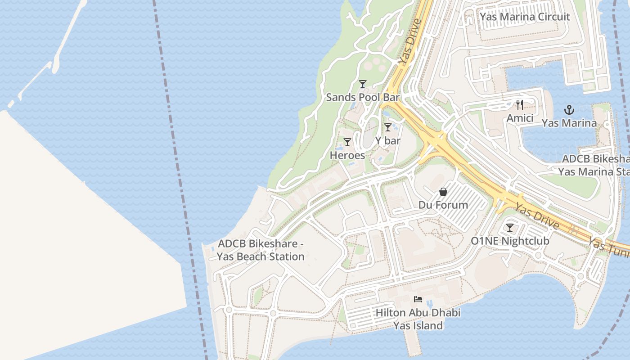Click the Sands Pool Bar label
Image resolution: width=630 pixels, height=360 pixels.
pyautogui.click(x=363, y=97)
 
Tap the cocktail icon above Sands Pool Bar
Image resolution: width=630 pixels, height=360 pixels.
pyautogui.click(x=363, y=84)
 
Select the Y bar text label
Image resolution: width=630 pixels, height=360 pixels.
pyautogui.click(x=388, y=140)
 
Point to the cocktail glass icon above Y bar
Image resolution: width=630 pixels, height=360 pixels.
pyautogui.click(x=388, y=127)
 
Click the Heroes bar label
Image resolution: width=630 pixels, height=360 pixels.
pyautogui.click(x=347, y=155)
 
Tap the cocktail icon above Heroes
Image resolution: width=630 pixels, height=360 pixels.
pyautogui.click(x=347, y=142)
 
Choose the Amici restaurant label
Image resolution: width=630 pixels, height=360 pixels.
pyautogui.click(x=520, y=118)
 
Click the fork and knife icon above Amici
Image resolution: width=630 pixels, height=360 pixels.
pyautogui.click(x=520, y=105)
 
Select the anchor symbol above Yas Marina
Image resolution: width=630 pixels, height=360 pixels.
pyautogui.click(x=569, y=110)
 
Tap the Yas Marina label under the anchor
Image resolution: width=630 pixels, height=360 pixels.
pyautogui.click(x=569, y=123)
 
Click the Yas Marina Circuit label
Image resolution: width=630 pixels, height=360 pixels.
pyautogui.click(x=525, y=17)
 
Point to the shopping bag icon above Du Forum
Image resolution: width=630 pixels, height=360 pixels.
pyautogui.click(x=443, y=192)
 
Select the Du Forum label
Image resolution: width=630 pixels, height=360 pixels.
pyautogui.click(x=443, y=205)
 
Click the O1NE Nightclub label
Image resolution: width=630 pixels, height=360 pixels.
pyautogui.click(x=510, y=241)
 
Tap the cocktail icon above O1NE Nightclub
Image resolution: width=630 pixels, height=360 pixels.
pyautogui.click(x=510, y=228)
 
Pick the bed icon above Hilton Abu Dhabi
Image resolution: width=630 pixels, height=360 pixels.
pyautogui.click(x=418, y=299)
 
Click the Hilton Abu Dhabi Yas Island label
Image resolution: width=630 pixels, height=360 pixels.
pyautogui.click(x=418, y=319)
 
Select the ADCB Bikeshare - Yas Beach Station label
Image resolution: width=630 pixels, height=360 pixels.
pyautogui.click(x=261, y=250)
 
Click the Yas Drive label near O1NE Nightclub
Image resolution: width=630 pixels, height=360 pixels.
pyautogui.click(x=537, y=216)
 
